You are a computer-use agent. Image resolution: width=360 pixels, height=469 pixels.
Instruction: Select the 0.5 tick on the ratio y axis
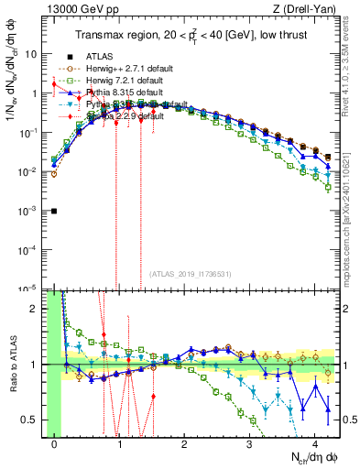(x=32, y=420)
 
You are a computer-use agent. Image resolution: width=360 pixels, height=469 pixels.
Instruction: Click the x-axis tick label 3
(x=249, y=444)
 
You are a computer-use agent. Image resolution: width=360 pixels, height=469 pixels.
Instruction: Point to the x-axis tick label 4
(x=314, y=444)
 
